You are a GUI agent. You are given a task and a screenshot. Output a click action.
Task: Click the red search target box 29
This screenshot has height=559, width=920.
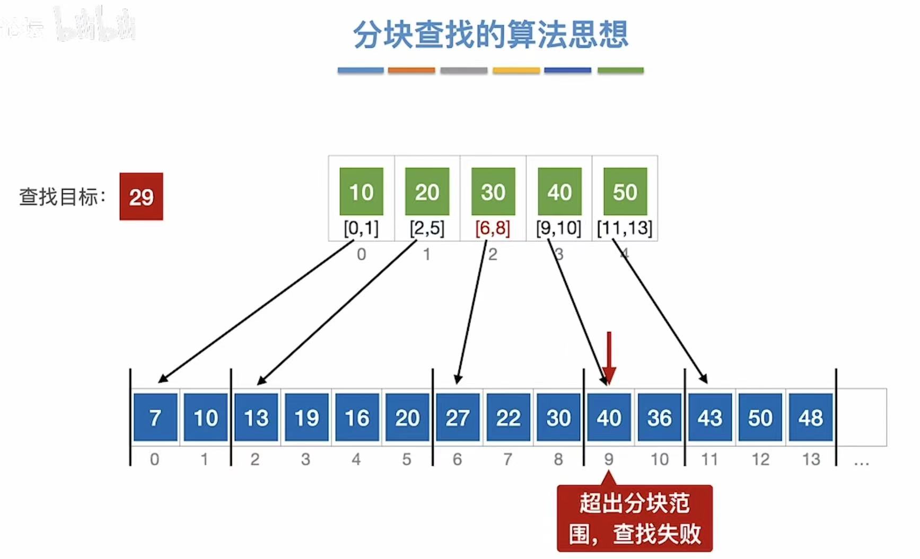tap(141, 197)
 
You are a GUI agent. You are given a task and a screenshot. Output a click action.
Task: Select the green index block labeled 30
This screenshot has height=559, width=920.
tap(493, 191)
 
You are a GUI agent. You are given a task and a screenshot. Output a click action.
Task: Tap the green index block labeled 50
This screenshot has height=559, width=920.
tap(625, 191)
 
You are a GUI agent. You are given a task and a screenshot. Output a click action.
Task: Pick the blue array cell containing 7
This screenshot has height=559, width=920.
tap(155, 418)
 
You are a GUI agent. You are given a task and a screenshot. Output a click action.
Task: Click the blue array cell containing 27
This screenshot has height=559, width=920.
tap(457, 418)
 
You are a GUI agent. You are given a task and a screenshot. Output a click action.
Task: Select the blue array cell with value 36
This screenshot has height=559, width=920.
tap(659, 418)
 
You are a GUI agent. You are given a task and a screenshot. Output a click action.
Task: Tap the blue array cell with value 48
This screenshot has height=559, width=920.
tap(810, 418)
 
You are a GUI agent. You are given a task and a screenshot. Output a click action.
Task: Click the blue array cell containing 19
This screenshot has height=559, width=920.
tap(306, 418)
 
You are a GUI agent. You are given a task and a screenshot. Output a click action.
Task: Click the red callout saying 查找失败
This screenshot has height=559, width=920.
tap(635, 518)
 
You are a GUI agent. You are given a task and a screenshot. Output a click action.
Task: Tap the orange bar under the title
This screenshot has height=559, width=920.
tap(411, 70)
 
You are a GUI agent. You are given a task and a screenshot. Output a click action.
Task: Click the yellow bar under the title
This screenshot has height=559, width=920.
tap(516, 70)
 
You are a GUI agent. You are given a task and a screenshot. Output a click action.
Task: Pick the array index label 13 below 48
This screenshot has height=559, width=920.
tap(811, 459)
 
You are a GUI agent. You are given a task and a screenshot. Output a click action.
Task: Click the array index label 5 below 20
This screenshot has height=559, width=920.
tap(407, 459)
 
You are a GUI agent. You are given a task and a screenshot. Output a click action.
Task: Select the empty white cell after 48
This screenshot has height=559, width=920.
tap(861, 418)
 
